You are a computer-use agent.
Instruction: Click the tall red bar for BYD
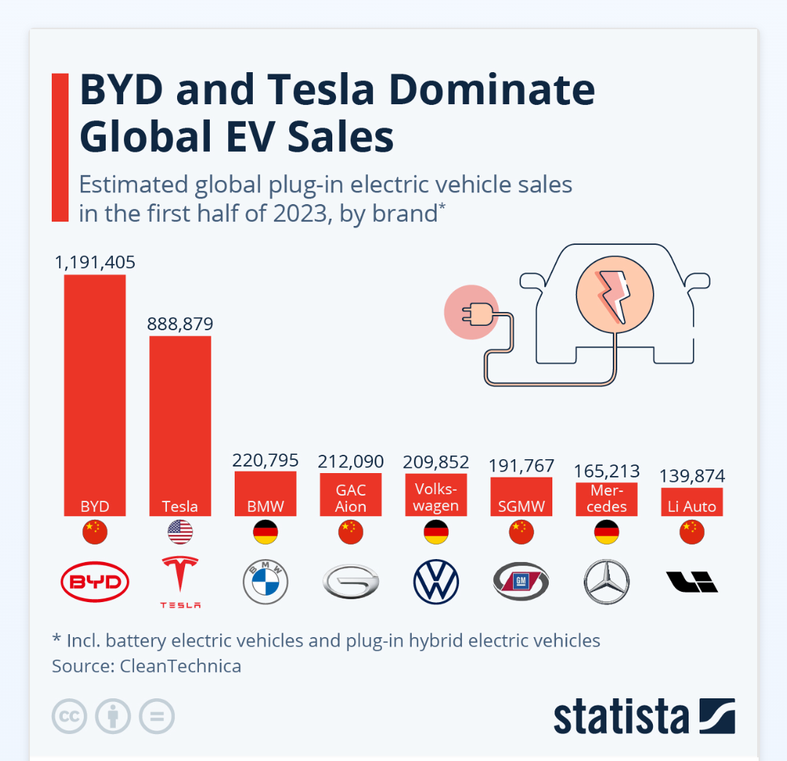[95, 386]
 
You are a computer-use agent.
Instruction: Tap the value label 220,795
[265, 460]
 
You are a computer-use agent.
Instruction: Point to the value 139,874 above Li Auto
[692, 477]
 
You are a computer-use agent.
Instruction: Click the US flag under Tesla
[180, 533]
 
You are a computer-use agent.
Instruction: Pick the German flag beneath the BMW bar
[265, 533]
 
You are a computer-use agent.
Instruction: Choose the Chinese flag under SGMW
[521, 533]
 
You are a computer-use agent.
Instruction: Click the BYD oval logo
[95, 582]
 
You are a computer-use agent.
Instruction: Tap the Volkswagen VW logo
[436, 582]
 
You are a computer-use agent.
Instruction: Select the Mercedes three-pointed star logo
[606, 582]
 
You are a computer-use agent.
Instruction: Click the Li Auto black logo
[692, 582]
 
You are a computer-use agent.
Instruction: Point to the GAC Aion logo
[351, 582]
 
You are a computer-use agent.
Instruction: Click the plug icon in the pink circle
[471, 313]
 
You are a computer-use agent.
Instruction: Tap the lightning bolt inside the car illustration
[611, 296]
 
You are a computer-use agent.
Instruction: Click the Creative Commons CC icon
[69, 717]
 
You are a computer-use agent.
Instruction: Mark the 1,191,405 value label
[95, 262]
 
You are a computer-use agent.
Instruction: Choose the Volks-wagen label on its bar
[436, 496]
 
